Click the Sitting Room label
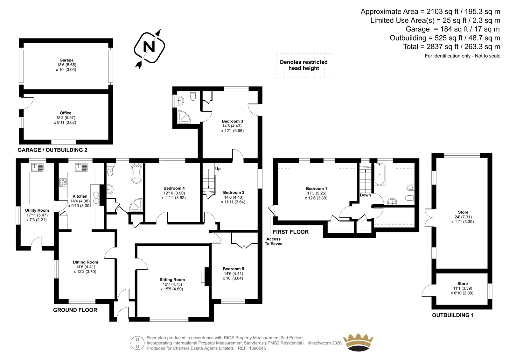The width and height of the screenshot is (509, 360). point(172,280)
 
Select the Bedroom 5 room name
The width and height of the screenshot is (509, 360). point(234,269)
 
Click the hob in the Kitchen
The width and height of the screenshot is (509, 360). point(63,182)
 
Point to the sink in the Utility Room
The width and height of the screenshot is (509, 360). point(37,167)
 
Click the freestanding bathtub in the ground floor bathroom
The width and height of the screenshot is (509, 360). point(136,173)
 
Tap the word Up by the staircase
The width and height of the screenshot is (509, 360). point(218,169)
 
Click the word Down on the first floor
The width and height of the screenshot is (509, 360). point(365,195)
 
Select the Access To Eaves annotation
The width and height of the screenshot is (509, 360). point(273,241)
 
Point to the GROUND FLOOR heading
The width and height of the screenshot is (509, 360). point(75,310)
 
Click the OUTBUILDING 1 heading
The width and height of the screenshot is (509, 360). point(453,315)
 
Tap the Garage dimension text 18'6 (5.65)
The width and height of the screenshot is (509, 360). point(66,65)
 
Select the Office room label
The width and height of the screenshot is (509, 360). point(66,113)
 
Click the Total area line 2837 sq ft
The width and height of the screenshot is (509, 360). point(451,46)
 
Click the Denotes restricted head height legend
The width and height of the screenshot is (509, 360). point(304,65)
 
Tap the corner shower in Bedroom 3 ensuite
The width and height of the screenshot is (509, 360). point(184,117)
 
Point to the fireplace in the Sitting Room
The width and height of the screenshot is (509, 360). point(205,277)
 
